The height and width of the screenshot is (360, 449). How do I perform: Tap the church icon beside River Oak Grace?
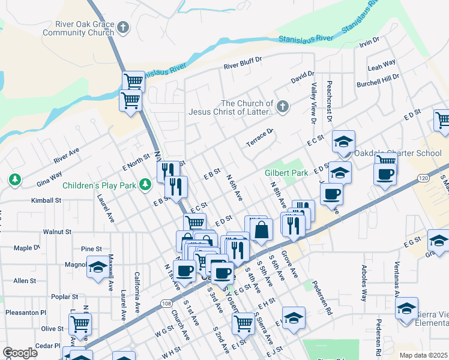click(123, 28)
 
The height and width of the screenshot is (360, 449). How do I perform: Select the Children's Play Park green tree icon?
click(145, 184)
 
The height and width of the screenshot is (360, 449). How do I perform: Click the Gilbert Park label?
click(286, 173)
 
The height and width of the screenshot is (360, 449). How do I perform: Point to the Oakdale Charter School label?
click(397, 153)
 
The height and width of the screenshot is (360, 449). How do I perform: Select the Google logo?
click(20, 353)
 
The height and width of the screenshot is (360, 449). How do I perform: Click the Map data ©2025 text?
click(423, 355)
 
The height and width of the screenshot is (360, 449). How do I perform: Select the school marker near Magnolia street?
click(98, 268)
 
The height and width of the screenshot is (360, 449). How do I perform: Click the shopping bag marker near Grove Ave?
click(262, 230)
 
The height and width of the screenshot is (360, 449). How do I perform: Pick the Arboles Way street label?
click(364, 283)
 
